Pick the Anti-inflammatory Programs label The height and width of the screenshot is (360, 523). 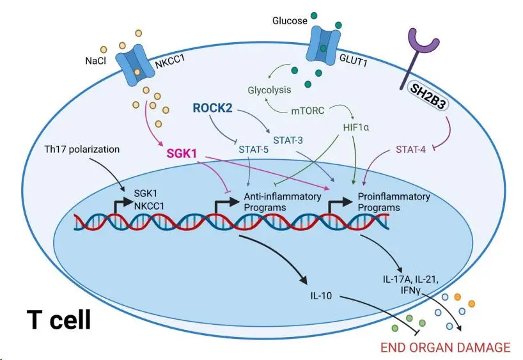pyautogui.click(x=282, y=201)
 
